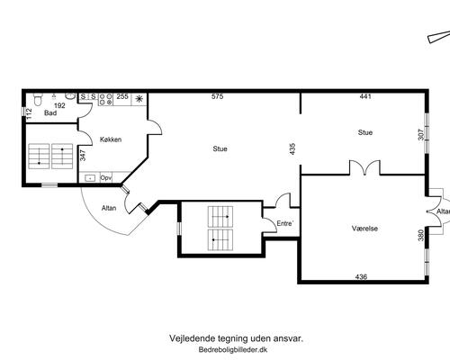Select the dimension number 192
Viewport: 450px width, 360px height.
pyautogui.click(x=59, y=105)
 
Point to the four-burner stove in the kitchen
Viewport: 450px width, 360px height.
pyautogui.click(x=103, y=98)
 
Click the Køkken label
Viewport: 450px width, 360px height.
pyautogui.click(x=111, y=139)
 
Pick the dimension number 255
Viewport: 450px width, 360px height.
pyautogui.click(x=122, y=96)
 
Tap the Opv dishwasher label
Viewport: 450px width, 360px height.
pyautogui.click(x=106, y=177)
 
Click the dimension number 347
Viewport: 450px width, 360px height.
pyautogui.click(x=83, y=155)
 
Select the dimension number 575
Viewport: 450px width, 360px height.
pyautogui.click(x=217, y=96)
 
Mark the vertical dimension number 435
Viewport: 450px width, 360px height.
pyautogui.click(x=292, y=148)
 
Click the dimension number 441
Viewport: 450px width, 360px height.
pyautogui.click(x=365, y=96)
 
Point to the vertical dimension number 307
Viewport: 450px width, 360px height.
pyautogui.click(x=419, y=134)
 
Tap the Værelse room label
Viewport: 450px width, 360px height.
pyautogui.click(x=364, y=229)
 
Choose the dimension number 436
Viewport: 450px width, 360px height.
pyautogui.click(x=361, y=275)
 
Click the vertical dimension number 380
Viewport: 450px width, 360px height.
pyautogui.click(x=420, y=236)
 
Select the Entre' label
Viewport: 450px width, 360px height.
pyautogui.click(x=284, y=222)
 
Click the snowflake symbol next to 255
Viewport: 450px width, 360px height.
pyautogui.click(x=139, y=97)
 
